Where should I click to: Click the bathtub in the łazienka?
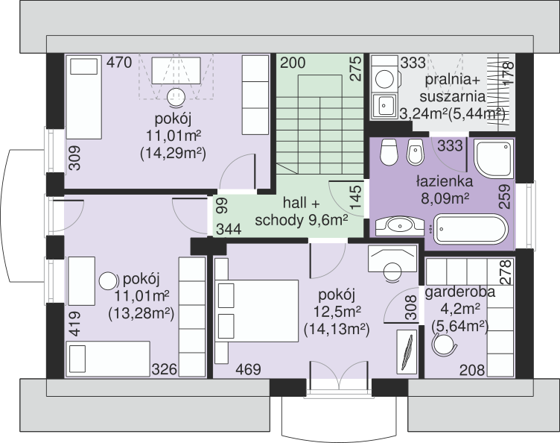pos(471,229)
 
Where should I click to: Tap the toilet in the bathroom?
pos(389,152)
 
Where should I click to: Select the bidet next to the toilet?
pos(416,152)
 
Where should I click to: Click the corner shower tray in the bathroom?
pos(494,158)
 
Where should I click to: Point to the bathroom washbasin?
pos(400,226)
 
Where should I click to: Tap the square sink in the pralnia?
pos(384,106)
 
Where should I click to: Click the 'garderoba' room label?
pos(460,292)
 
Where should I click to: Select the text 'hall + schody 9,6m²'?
pos(302,212)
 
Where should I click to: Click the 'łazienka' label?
pos(445,182)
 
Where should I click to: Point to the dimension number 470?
pos(119,62)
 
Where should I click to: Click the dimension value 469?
pos(248,369)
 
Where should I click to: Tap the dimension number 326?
pos(165,369)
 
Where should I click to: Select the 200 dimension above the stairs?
pos(293,63)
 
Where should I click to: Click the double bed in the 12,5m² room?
pos(256,311)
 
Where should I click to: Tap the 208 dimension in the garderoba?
pos(472,370)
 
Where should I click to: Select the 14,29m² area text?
pos(174,154)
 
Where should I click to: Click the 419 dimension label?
pos(74,324)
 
